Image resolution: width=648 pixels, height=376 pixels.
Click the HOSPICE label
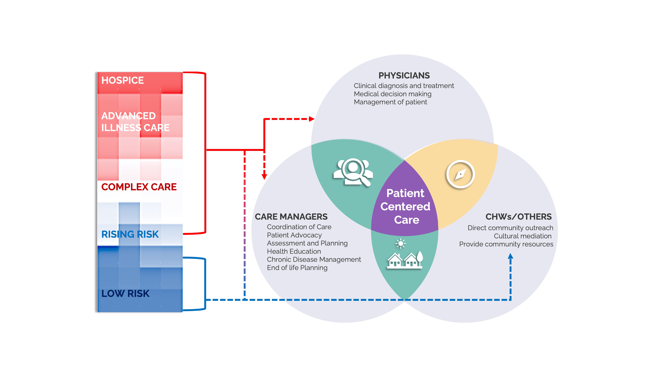(x=122, y=80)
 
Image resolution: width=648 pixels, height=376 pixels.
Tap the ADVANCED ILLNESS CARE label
(x=135, y=121)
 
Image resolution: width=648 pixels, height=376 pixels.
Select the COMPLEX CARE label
(x=139, y=187)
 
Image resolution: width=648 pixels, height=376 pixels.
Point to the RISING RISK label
(x=130, y=234)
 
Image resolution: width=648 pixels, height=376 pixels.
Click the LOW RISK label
(x=125, y=293)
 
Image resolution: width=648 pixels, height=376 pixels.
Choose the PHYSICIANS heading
(x=404, y=76)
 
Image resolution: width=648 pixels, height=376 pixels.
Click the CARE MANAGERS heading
(x=291, y=217)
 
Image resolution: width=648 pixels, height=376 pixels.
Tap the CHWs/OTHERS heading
(x=518, y=217)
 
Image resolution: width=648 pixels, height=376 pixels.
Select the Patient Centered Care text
(x=406, y=206)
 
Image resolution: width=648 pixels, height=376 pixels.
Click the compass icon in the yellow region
(x=460, y=174)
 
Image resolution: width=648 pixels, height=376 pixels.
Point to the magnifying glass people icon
(x=353, y=172)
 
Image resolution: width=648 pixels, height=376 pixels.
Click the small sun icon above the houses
(x=400, y=243)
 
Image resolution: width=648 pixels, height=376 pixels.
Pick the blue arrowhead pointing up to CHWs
(x=511, y=256)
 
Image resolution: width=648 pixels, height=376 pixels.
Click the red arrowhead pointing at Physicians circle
(x=312, y=119)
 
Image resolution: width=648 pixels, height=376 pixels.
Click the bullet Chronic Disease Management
(x=314, y=260)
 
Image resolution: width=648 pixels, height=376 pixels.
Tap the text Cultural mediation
(x=523, y=236)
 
